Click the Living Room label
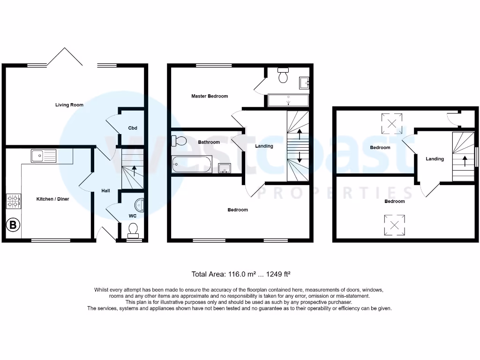pos(69,105)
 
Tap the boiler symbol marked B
pos(13,225)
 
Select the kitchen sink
pos(43,156)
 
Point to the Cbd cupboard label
pos(132,128)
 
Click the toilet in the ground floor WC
pos(134,230)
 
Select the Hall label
pos(105,191)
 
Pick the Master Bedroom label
pos(210,96)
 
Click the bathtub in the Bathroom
pos(192,164)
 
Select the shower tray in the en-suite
pos(288,100)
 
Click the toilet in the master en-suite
pos(283,76)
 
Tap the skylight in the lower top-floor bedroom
pos(394,225)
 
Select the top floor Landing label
pos(435,159)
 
